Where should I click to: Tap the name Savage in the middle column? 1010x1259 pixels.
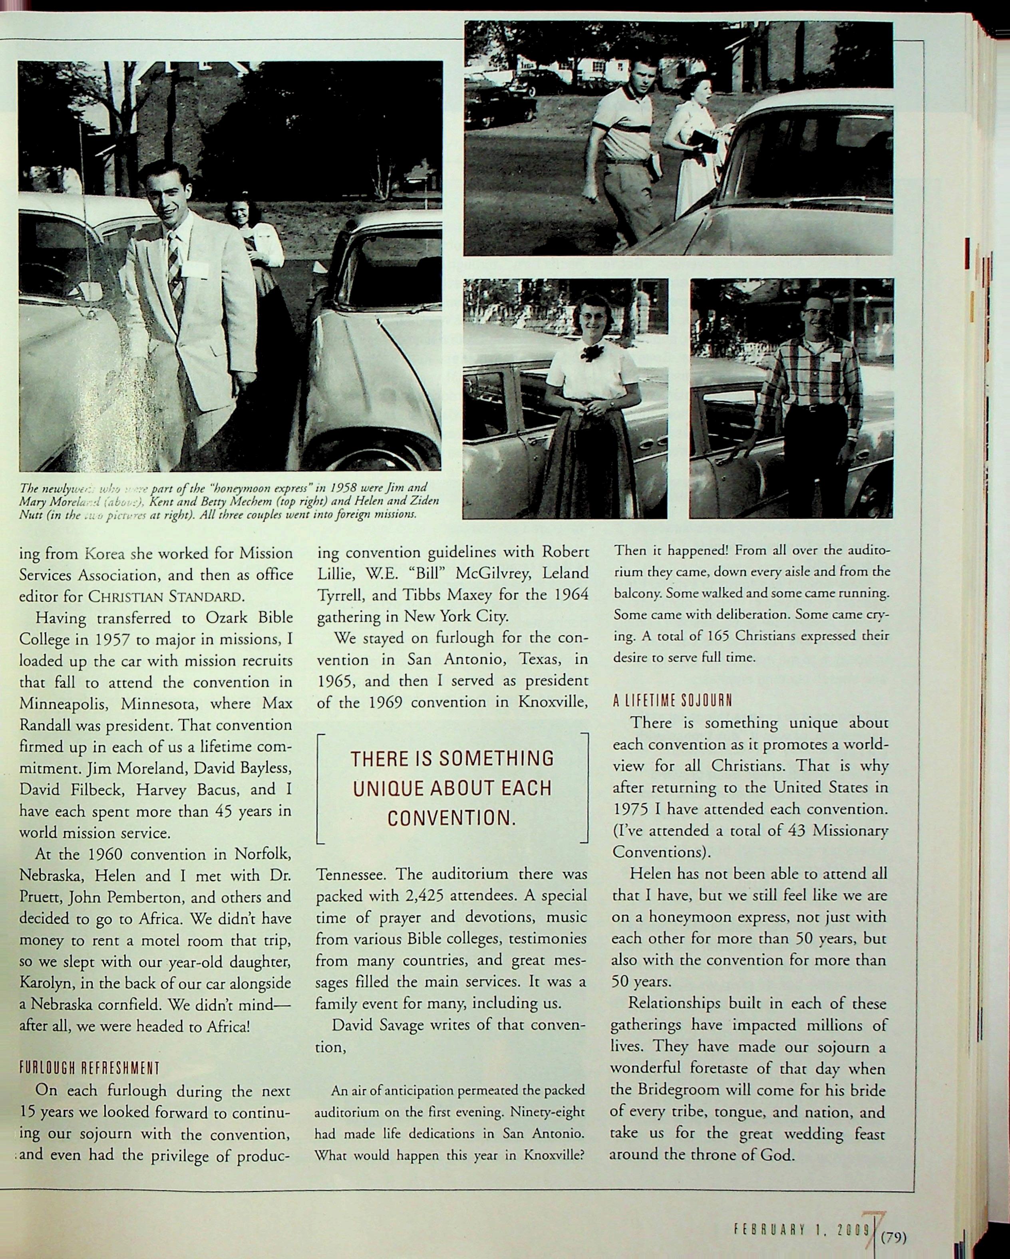[x=401, y=1025]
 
